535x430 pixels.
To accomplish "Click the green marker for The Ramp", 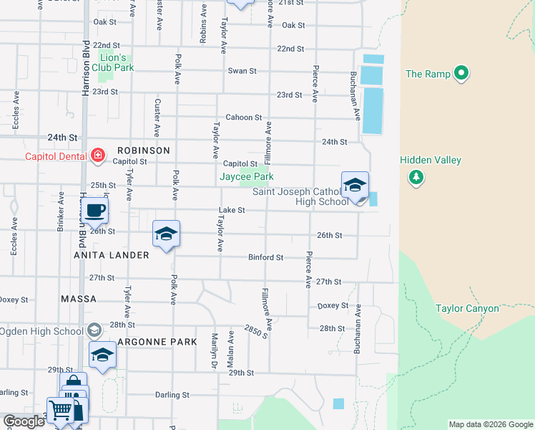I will click(x=461, y=73).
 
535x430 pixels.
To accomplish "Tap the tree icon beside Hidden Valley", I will click(x=415, y=176).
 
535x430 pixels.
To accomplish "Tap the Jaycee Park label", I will click(x=246, y=176).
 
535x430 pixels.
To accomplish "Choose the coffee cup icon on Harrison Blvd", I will click(x=94, y=211).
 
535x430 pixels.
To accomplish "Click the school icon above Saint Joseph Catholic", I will click(x=355, y=186).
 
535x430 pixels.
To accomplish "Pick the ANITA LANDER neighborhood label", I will click(x=111, y=255).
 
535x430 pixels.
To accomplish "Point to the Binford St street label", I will click(x=265, y=257).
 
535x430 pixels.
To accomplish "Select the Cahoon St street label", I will click(x=244, y=117).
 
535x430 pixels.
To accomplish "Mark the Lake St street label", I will click(x=232, y=211).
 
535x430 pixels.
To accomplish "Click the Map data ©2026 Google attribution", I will click(x=490, y=424).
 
